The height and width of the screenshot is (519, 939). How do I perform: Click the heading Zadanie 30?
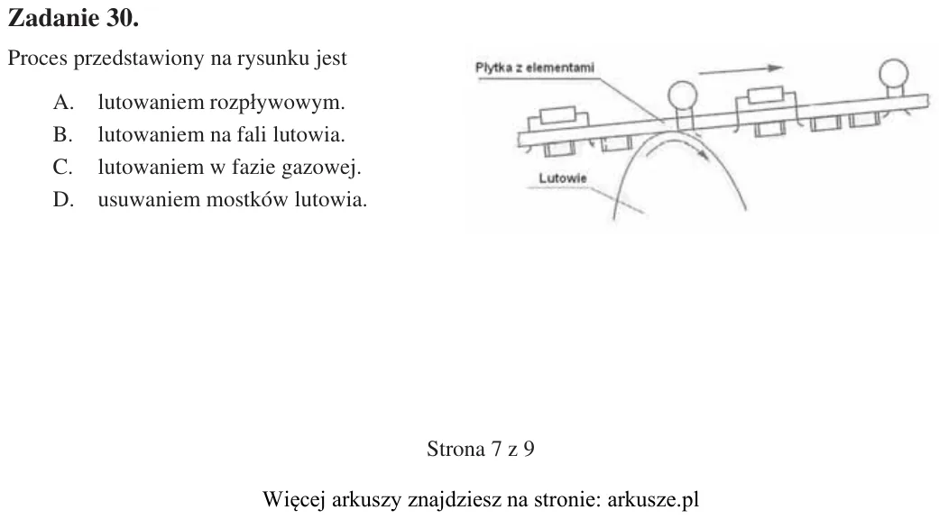[73, 19]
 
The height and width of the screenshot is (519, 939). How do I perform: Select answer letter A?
[63, 102]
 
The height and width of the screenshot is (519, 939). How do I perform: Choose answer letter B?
[62, 134]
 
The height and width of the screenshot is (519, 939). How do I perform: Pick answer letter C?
[63, 167]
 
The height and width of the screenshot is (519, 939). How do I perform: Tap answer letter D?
[63, 199]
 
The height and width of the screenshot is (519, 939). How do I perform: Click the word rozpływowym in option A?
[277, 104]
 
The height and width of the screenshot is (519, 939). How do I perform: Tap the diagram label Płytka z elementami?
[535, 68]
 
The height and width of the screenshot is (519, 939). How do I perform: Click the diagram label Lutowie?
[562, 178]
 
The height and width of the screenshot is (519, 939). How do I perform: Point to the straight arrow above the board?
[741, 70]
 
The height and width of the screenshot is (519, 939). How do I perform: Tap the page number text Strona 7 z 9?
[480, 449]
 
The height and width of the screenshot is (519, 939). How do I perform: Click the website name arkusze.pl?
[653, 498]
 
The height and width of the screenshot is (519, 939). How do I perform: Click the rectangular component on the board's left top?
[557, 116]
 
